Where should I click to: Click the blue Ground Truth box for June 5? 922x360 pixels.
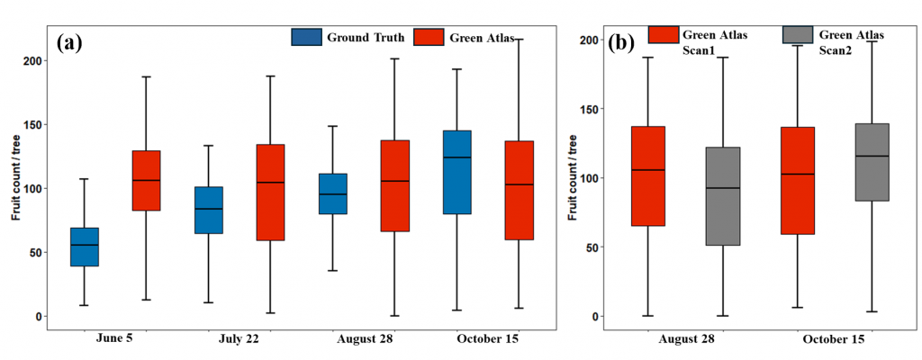click(85, 247)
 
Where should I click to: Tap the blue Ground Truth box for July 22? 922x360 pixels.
click(209, 210)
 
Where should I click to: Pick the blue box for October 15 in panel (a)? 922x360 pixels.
click(456, 172)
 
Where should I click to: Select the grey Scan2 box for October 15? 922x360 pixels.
click(872, 162)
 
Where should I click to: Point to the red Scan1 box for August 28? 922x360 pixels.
click(648, 175)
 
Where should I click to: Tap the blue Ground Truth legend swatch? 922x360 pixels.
click(306, 37)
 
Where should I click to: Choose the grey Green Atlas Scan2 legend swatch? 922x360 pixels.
click(797, 34)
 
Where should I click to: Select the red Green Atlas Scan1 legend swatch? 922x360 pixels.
click(664, 34)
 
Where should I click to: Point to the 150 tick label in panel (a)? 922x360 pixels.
click(32, 124)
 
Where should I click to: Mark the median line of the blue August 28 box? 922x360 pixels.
click(333, 194)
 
